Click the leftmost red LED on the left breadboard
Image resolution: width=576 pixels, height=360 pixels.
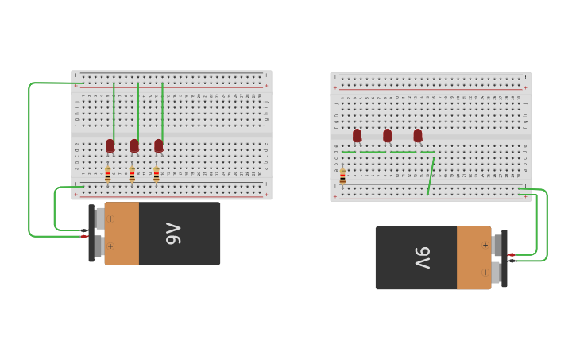(110, 145)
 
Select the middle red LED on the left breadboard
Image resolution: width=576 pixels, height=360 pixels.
(134, 145)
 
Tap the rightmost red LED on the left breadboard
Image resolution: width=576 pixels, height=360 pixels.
(159, 145)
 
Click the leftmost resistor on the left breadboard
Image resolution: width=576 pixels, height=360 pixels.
(108, 174)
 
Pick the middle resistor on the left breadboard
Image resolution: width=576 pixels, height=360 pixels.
(132, 174)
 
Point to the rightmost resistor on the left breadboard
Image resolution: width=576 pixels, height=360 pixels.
(157, 174)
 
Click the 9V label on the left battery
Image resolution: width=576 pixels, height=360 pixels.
(173, 234)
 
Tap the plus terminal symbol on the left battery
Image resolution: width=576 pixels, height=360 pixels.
(110, 246)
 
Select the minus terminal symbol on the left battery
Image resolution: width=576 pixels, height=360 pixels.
(110, 219)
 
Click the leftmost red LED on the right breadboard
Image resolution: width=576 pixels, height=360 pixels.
(357, 135)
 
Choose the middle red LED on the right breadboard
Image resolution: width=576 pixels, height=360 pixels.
(387, 135)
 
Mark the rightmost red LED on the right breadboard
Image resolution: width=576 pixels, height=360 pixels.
(418, 135)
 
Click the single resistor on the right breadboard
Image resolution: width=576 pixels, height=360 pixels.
(342, 176)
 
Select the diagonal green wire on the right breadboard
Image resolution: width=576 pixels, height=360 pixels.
(431, 176)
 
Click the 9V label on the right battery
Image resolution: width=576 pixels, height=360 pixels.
(422, 257)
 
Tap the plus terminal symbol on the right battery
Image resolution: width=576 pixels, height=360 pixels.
(485, 245)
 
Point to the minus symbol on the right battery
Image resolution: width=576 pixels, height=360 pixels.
(485, 272)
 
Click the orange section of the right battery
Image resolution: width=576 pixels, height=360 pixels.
(474, 258)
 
